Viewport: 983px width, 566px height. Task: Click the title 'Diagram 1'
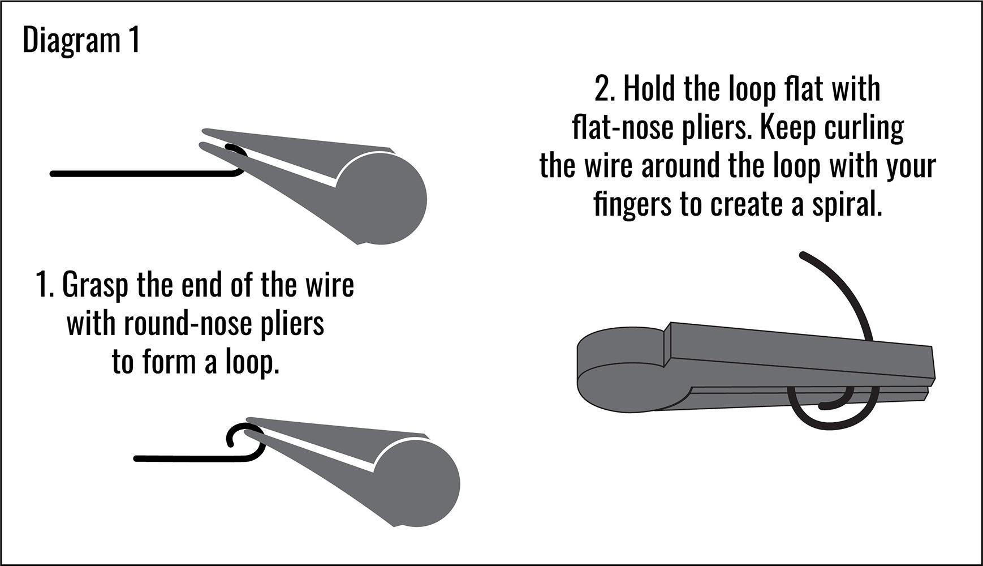81,41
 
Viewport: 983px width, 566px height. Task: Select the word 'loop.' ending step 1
252,362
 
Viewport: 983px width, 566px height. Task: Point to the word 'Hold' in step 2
650,89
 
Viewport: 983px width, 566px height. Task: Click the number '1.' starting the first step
45,285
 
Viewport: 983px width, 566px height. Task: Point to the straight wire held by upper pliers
141,174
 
